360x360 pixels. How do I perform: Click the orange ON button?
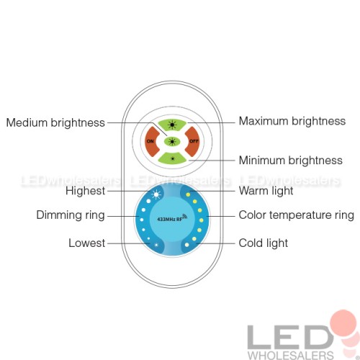point(150,142)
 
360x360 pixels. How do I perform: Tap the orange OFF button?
point(194,142)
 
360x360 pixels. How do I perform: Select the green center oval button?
point(172,142)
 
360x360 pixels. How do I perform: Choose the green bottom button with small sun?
point(172,158)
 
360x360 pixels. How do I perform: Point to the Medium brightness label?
point(55,122)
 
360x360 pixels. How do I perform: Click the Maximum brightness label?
point(292,121)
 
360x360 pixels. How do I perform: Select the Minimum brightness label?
point(291,161)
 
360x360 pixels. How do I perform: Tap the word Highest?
point(86,191)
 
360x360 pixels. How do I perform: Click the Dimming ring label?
point(71,215)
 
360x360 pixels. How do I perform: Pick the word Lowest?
point(87,243)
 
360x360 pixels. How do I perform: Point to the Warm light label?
point(266,191)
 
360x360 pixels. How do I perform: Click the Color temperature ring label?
point(297,215)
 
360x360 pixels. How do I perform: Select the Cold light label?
point(264,243)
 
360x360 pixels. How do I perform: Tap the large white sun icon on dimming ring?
point(156,194)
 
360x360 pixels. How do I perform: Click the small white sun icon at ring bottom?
point(156,245)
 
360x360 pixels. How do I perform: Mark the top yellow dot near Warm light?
point(188,194)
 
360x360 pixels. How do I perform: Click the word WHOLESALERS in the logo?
point(291,355)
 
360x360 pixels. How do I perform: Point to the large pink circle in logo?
point(343,323)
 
